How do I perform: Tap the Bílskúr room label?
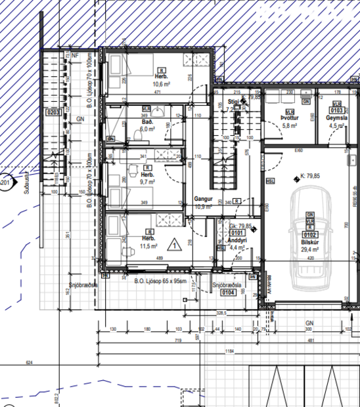click(x=309, y=243)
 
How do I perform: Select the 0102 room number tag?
click(x=309, y=234)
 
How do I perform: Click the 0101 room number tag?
click(x=237, y=232)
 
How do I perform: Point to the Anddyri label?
click(x=236, y=240)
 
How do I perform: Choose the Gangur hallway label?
click(x=201, y=198)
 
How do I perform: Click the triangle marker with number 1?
click(x=175, y=246)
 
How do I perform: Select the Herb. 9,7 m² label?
click(x=148, y=178)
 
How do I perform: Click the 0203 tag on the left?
click(x=53, y=112)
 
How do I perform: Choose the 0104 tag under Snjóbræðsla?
click(x=228, y=293)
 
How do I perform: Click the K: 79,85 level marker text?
click(x=309, y=175)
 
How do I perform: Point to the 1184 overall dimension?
click(x=229, y=351)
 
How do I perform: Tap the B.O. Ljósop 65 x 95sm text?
click(x=161, y=281)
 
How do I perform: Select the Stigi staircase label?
click(x=232, y=103)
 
